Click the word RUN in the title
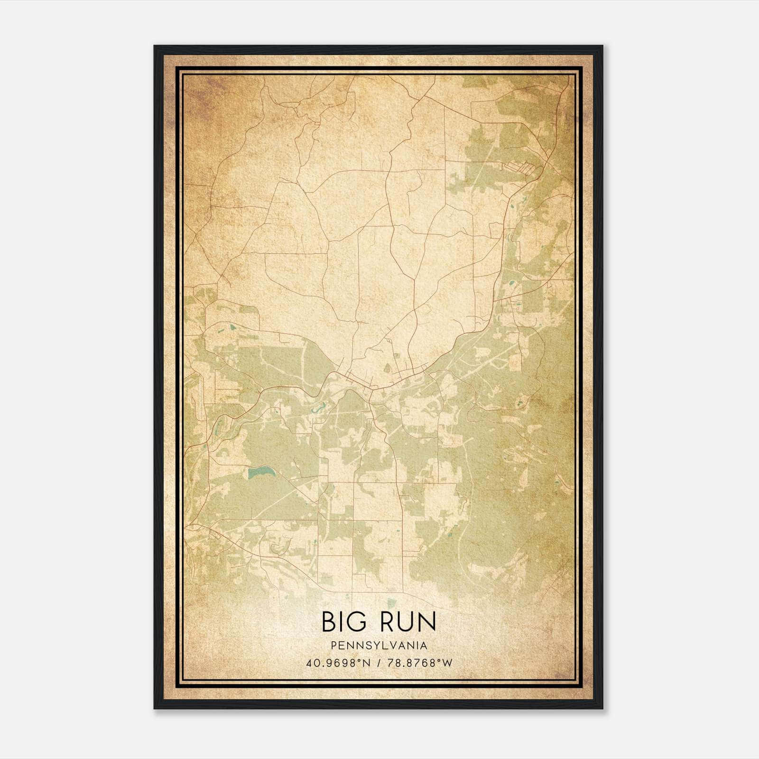(x=407, y=621)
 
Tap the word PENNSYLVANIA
(x=379, y=646)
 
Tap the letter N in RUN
(x=427, y=621)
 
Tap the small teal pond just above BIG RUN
(x=391, y=603)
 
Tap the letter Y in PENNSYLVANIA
(x=369, y=646)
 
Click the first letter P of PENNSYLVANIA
(x=335, y=646)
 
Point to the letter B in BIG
(x=329, y=621)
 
